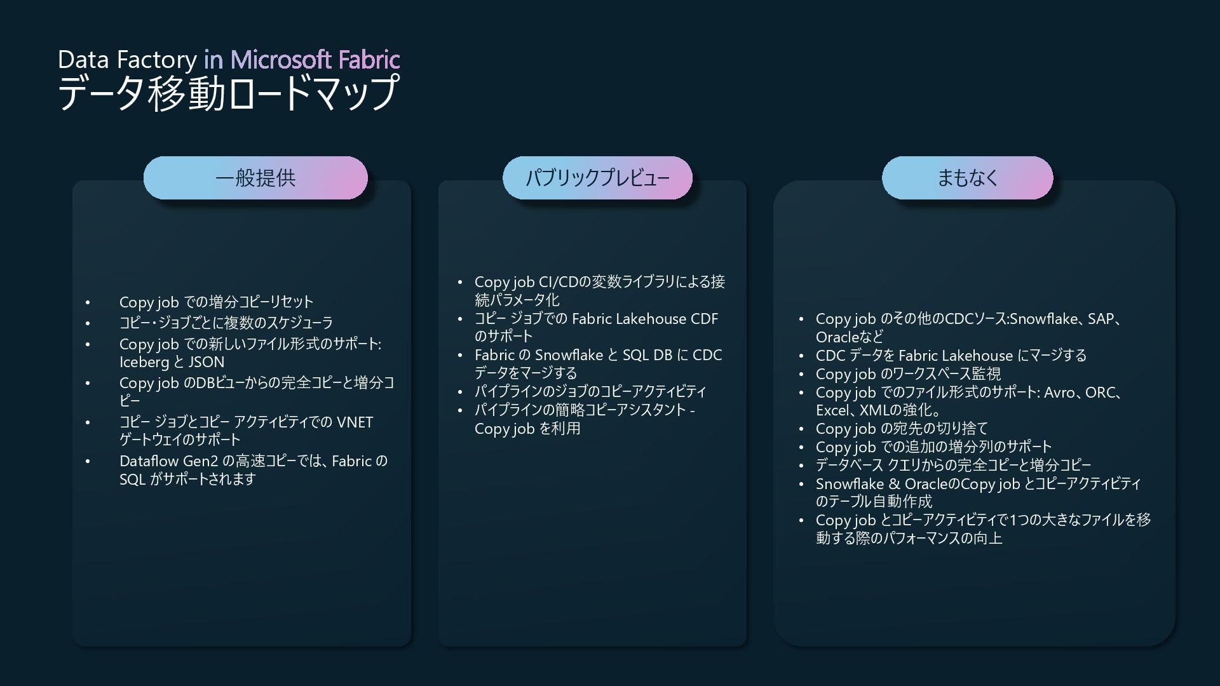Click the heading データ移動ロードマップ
[x=228, y=93]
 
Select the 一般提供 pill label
[x=255, y=178]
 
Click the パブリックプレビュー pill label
[x=597, y=178]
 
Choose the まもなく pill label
[x=967, y=178]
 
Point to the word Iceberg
[x=144, y=362]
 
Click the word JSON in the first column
[x=207, y=362]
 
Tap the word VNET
[x=354, y=422]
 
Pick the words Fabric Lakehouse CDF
[x=644, y=319]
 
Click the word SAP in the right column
[x=1101, y=319]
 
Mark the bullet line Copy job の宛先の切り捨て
[x=902, y=429]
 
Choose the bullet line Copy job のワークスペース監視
[x=908, y=374]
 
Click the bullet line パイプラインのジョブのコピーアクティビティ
[x=590, y=391]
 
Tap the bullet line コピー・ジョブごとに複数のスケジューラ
[x=226, y=323]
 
